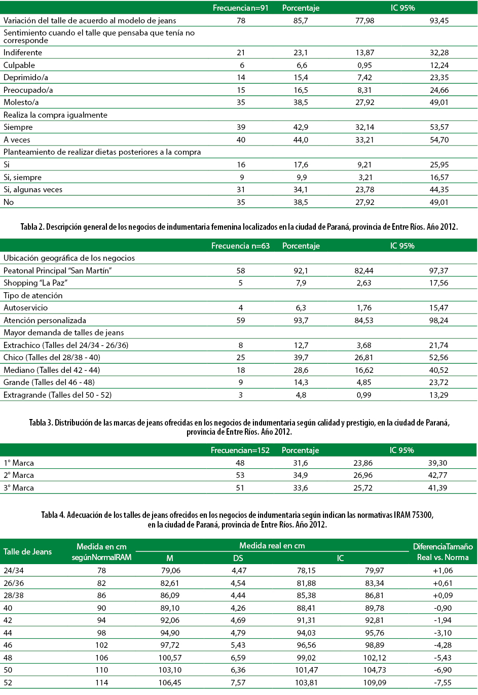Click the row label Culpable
(x=19, y=65)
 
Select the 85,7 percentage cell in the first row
(x=301, y=21)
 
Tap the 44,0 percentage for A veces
(x=301, y=140)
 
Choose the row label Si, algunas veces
(x=33, y=190)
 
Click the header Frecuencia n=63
(x=240, y=246)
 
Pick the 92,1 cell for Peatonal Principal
(x=301, y=271)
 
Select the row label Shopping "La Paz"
(x=35, y=283)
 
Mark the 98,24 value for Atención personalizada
(x=438, y=321)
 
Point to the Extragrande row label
(x=57, y=395)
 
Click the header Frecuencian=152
(x=240, y=450)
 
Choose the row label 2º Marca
(x=19, y=475)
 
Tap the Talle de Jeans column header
(x=28, y=552)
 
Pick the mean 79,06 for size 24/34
(x=170, y=571)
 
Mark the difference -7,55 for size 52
(x=443, y=683)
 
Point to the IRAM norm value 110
(x=102, y=670)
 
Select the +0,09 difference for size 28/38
(x=443, y=596)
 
